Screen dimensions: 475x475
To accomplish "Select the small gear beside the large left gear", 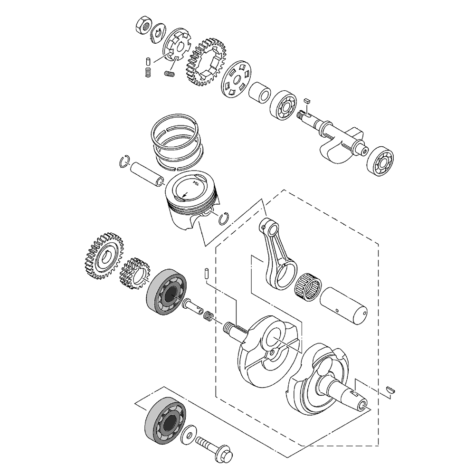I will [x=133, y=274].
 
